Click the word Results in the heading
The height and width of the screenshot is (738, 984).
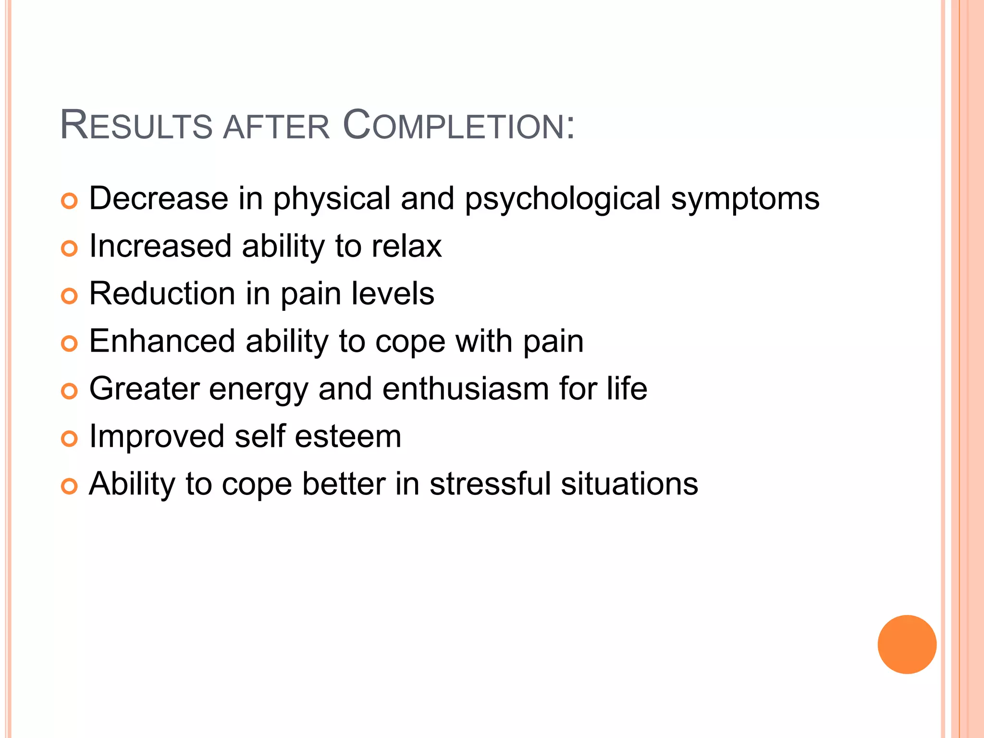pyautogui.click(x=136, y=126)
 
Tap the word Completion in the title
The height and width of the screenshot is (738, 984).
pyautogui.click(x=458, y=126)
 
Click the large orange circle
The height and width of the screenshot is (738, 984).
pyautogui.click(x=907, y=644)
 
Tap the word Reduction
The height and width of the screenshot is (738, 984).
pyautogui.click(x=162, y=294)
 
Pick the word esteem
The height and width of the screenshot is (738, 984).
pyautogui.click(x=347, y=436)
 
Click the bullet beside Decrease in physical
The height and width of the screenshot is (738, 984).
pyautogui.click(x=69, y=201)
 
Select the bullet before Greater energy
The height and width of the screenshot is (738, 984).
pyautogui.click(x=69, y=392)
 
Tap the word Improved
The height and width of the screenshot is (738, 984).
pyautogui.click(x=157, y=436)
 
